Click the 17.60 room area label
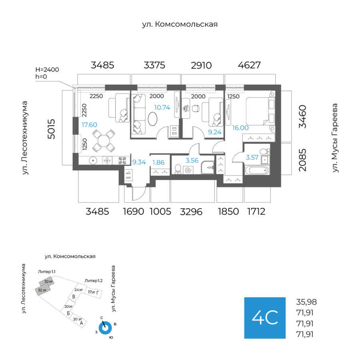tap(89, 125)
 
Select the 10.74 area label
tap(162, 107)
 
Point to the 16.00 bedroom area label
tap(240, 128)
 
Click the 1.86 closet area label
tap(159, 162)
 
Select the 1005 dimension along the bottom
tap(160, 212)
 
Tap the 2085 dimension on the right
tap(303, 160)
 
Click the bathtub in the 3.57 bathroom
tap(256, 171)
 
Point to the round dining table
tap(104, 141)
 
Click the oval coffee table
tap(153, 119)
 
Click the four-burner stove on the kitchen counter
tap(122, 161)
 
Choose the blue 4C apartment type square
tap(265, 318)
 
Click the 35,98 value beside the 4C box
tap(307, 302)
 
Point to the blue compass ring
tap(106, 328)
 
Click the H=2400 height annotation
tap(47, 70)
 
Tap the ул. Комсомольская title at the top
tap(180, 24)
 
